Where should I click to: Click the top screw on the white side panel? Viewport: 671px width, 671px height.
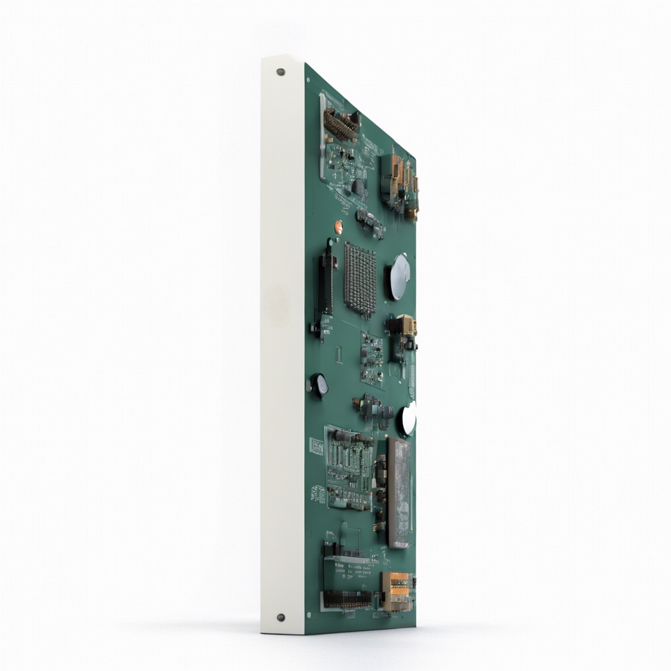tap(281, 71)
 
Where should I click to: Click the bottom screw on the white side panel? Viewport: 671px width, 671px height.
tap(281, 617)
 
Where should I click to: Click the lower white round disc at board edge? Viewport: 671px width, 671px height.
tap(408, 420)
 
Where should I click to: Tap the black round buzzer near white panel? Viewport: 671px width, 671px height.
tap(319, 385)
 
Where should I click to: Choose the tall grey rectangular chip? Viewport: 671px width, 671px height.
tap(399, 493)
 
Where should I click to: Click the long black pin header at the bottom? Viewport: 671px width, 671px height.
tap(347, 598)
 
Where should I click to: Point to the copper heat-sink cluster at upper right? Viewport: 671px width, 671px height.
tap(399, 180)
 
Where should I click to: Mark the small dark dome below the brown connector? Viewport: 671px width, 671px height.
tap(359, 187)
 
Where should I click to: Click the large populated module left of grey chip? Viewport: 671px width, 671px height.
tap(349, 469)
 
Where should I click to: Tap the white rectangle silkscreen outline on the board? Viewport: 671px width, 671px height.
tap(338, 355)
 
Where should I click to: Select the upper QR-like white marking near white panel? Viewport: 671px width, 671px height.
tap(316, 446)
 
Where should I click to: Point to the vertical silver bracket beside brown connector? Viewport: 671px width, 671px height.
tap(322, 138)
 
